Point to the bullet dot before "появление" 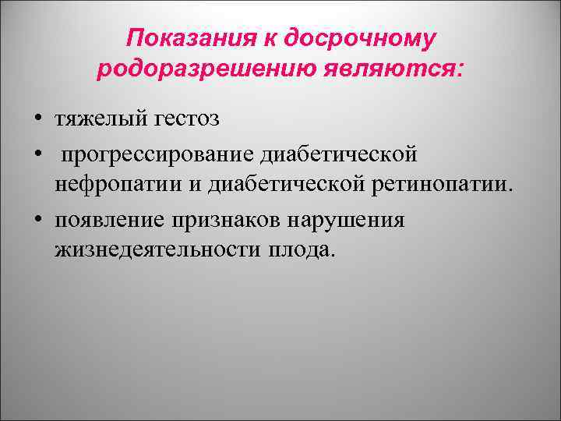tap(37, 220)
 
